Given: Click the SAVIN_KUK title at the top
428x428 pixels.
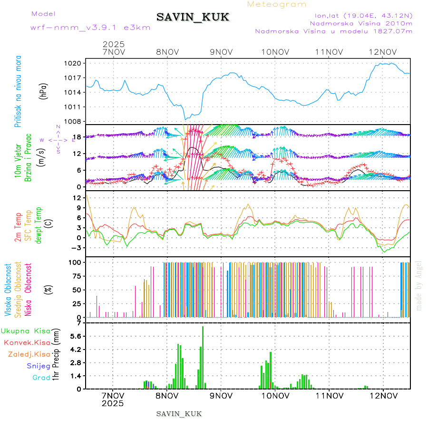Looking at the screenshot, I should [x=193, y=17].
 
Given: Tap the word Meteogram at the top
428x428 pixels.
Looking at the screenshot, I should [x=277, y=4].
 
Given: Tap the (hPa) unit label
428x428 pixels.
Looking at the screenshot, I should [x=44, y=92].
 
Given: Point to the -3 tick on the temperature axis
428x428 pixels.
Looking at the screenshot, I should [x=78, y=248].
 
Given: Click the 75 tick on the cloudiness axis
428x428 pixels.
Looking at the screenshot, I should [x=78, y=276].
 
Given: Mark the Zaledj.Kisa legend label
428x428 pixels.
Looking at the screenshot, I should [x=29, y=354].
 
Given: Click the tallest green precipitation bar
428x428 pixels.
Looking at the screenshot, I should [x=203, y=357].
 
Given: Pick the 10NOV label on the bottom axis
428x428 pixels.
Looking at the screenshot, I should [x=275, y=395].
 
